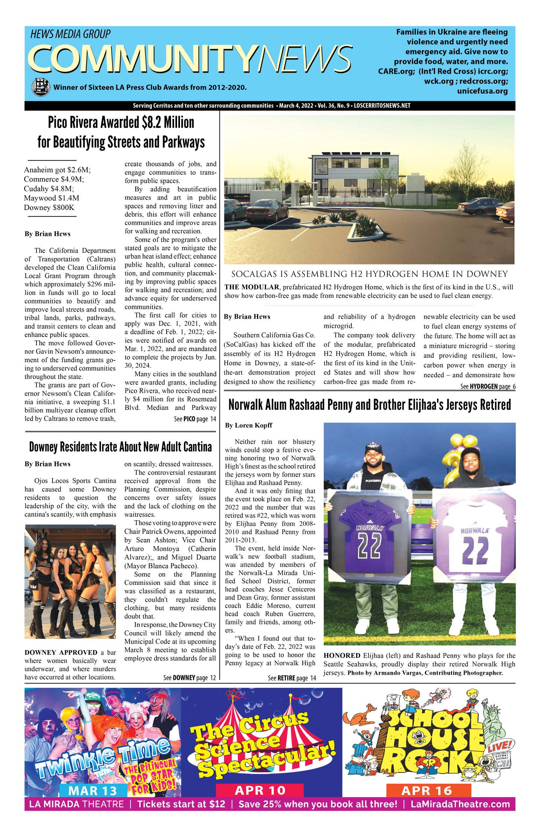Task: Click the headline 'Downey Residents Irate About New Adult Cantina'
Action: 120,447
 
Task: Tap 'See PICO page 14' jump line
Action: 195,419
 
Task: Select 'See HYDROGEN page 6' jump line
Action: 488,387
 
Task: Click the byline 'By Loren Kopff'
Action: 248,425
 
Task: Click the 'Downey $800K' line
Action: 49,207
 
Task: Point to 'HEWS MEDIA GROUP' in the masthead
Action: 70,34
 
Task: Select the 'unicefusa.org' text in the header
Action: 482,91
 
